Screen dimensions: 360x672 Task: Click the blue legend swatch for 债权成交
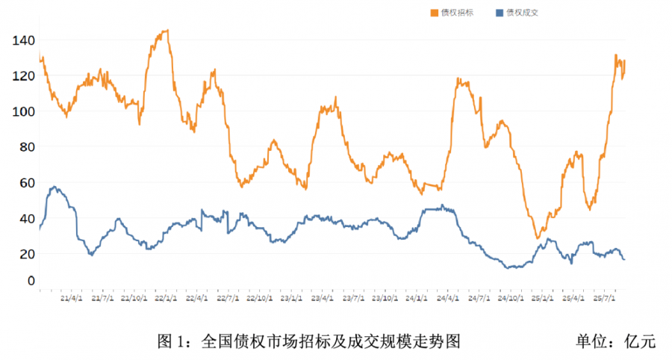(500, 13)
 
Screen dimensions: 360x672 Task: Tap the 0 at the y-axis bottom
(31, 281)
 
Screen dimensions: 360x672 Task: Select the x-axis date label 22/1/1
(165, 298)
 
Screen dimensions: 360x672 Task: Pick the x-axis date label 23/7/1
(353, 298)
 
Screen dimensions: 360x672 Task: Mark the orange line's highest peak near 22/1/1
(166, 31)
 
